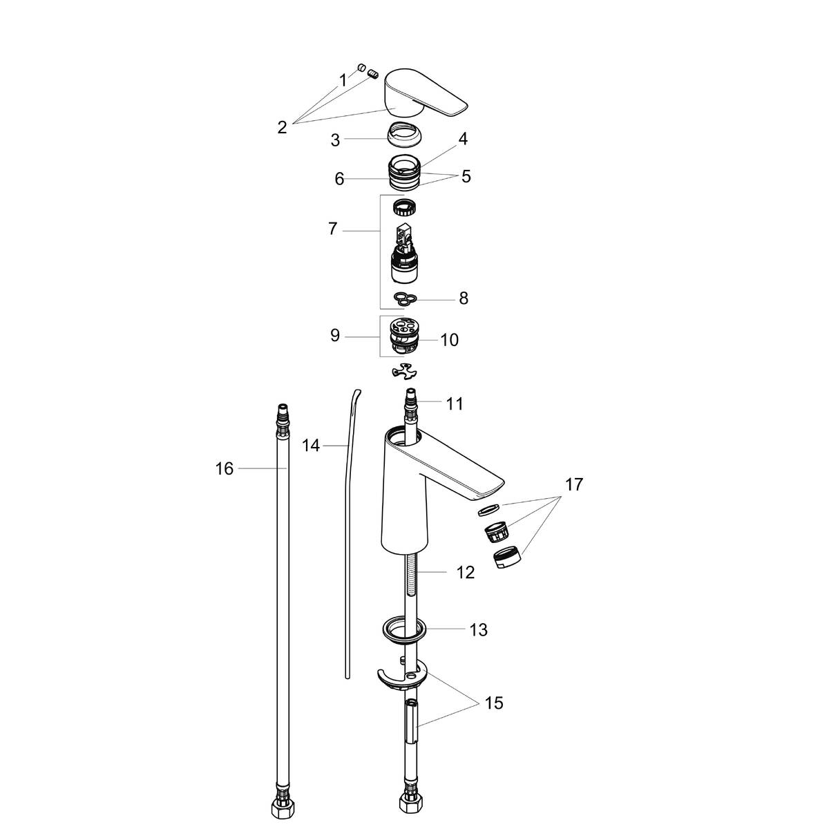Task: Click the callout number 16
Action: (225, 469)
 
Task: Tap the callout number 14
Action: (311, 446)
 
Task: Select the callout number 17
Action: (573, 485)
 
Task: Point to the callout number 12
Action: (466, 572)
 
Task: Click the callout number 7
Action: (332, 229)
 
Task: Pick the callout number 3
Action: (335, 140)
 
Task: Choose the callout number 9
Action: (335, 336)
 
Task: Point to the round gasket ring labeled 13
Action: (401, 629)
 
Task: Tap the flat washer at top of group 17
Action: (488, 511)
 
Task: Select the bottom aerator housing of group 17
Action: (508, 559)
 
